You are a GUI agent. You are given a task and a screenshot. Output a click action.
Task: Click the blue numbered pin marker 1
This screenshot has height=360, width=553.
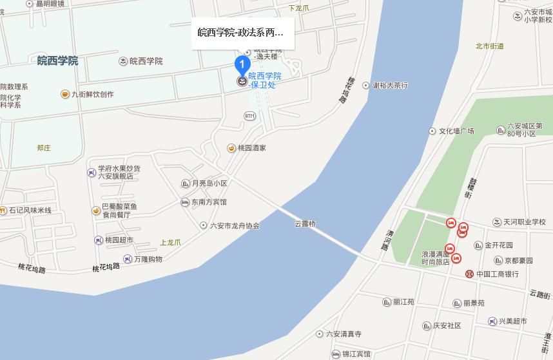[x=242, y=64]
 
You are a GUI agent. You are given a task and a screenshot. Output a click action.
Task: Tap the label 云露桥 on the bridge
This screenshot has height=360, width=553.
[x=305, y=224]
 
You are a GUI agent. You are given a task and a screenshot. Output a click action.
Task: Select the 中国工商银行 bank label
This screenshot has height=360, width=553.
[x=497, y=274]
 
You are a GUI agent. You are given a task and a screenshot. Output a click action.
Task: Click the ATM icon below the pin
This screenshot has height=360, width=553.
[x=250, y=115]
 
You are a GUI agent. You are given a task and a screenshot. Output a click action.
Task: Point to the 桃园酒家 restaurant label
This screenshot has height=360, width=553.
[x=251, y=148]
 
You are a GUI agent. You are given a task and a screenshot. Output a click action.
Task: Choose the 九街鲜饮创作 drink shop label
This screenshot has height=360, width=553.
[x=92, y=94]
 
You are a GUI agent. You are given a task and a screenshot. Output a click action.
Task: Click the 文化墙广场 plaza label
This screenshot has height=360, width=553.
[x=456, y=131]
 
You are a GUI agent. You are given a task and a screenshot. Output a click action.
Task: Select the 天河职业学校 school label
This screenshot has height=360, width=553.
[x=524, y=222]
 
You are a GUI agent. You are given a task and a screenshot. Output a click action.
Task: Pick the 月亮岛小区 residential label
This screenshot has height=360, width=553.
[x=209, y=184]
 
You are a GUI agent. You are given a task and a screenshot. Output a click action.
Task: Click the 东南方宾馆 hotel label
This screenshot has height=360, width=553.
[x=209, y=202]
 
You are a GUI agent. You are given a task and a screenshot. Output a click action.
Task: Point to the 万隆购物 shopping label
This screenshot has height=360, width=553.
[x=148, y=259]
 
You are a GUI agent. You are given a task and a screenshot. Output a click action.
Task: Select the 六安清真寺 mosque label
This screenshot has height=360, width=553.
[x=344, y=334]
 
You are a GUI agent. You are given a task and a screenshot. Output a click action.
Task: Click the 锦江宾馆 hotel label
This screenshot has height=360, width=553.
[x=356, y=354]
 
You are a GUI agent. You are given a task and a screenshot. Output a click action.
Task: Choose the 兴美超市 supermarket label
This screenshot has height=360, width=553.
[x=512, y=321]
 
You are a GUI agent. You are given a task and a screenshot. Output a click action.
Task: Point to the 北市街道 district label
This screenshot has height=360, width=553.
[x=490, y=46]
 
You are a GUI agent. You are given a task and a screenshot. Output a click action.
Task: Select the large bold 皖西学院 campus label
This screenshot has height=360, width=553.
[x=57, y=61]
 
